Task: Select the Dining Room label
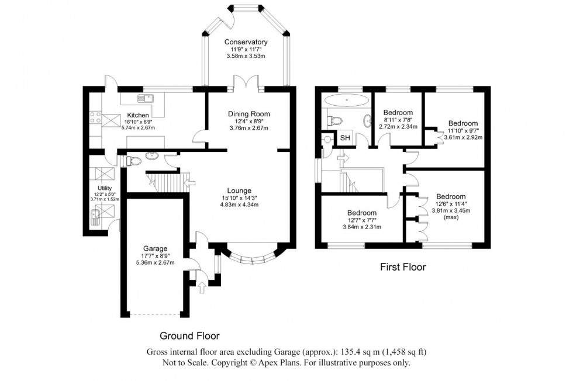(x=248, y=113)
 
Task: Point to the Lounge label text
(x=240, y=190)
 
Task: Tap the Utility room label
(x=105, y=188)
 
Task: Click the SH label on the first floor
(x=346, y=138)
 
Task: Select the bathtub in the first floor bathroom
(x=346, y=99)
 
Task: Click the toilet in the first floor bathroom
(x=335, y=121)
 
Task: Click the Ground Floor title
(x=190, y=336)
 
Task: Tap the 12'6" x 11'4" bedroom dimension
(x=450, y=204)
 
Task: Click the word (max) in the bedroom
(x=450, y=218)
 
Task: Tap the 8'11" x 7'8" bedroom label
(x=398, y=119)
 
